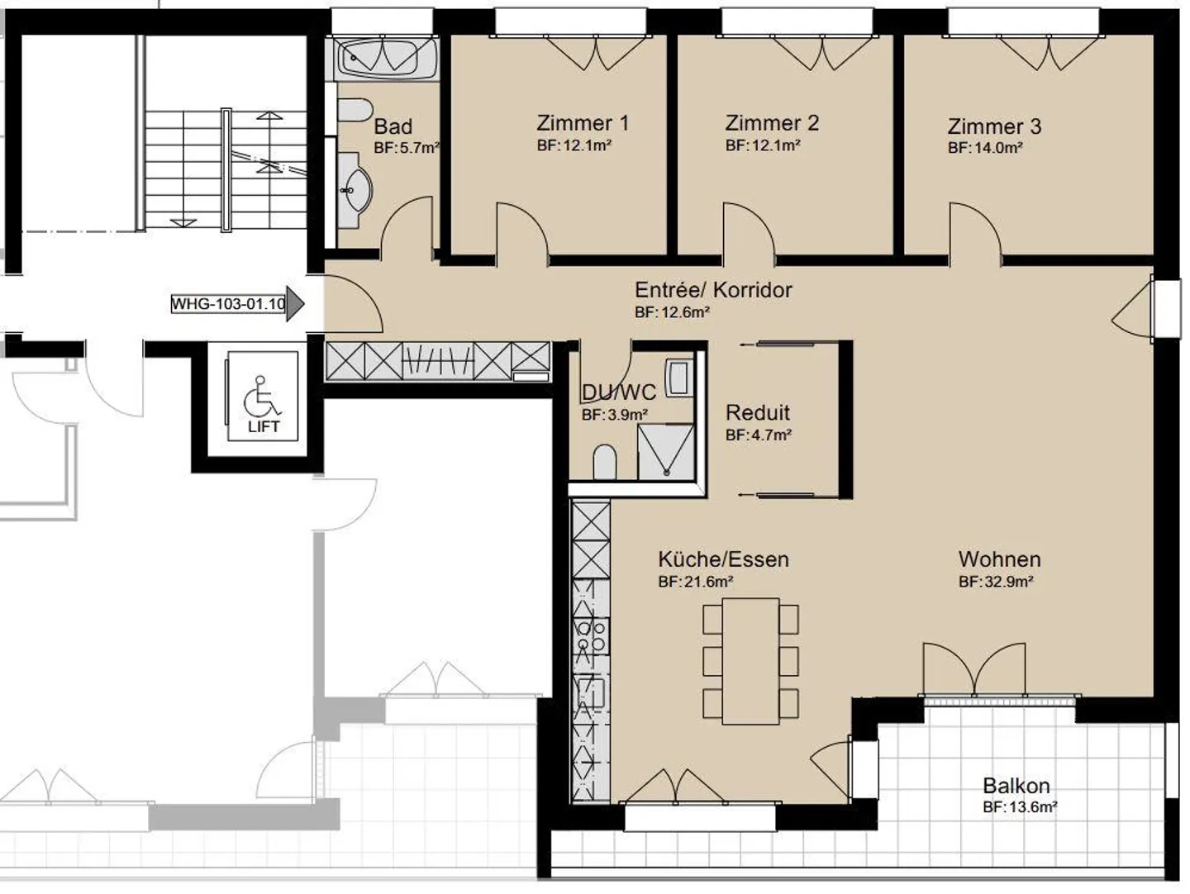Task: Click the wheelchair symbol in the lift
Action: tap(263, 397)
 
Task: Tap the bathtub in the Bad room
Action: tap(387, 57)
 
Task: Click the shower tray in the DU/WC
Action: tap(665, 452)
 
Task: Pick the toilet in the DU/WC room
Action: tap(605, 463)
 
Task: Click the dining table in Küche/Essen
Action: tap(750, 661)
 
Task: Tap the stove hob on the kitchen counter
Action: tap(592, 636)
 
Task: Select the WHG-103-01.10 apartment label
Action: tap(228, 303)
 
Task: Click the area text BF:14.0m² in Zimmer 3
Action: tap(985, 149)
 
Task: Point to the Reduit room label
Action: tap(757, 412)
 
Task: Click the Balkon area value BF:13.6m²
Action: tap(1020, 807)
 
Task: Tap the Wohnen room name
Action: tap(999, 559)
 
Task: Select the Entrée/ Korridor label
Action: tap(712, 290)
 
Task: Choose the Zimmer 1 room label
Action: tap(582, 123)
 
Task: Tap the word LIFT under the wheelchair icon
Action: tap(264, 427)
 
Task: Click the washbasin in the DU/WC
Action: tap(678, 378)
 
